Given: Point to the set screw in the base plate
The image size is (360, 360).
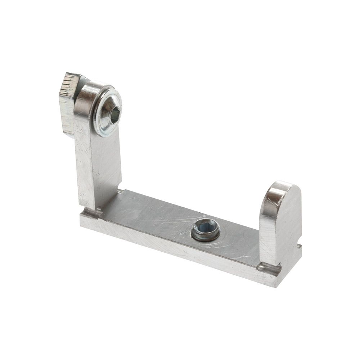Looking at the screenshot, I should (x=206, y=230).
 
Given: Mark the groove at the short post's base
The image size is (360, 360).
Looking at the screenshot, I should (x=269, y=268).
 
